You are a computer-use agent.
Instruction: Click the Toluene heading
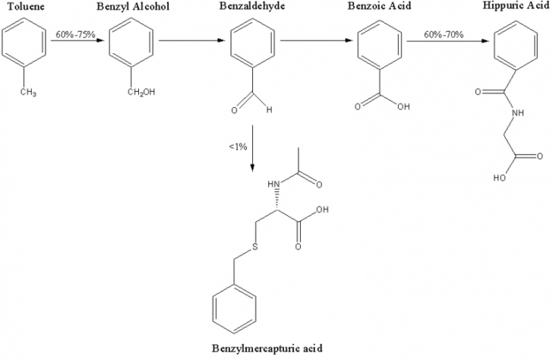pos(27,6)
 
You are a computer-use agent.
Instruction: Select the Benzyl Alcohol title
pos(133,6)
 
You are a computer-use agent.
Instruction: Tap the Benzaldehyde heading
pos(252,6)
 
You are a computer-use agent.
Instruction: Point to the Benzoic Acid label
pos(380,6)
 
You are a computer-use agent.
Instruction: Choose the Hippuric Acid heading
pos(516,5)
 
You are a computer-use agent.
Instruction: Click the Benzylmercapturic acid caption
pos(267,349)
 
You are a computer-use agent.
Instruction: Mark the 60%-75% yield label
pos(75,34)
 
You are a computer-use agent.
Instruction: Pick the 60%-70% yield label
pos(444,34)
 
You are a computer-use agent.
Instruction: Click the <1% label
pos(238,147)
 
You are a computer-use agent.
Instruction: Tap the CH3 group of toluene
pos(28,93)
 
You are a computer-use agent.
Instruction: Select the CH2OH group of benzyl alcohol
pos(141,93)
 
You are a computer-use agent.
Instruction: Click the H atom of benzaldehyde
pos(270,110)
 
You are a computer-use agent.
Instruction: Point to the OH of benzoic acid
pos(404,106)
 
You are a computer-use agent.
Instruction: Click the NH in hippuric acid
pos(518,113)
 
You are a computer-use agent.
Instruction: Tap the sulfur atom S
pos(254,248)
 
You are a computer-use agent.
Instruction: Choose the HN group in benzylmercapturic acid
pos(273,184)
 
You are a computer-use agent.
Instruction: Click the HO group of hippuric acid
pos(499,178)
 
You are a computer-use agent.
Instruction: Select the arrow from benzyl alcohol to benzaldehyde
pos(192,40)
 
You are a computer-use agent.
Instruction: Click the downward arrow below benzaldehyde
pos(252,148)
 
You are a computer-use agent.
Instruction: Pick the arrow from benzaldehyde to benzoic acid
pos(316,40)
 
